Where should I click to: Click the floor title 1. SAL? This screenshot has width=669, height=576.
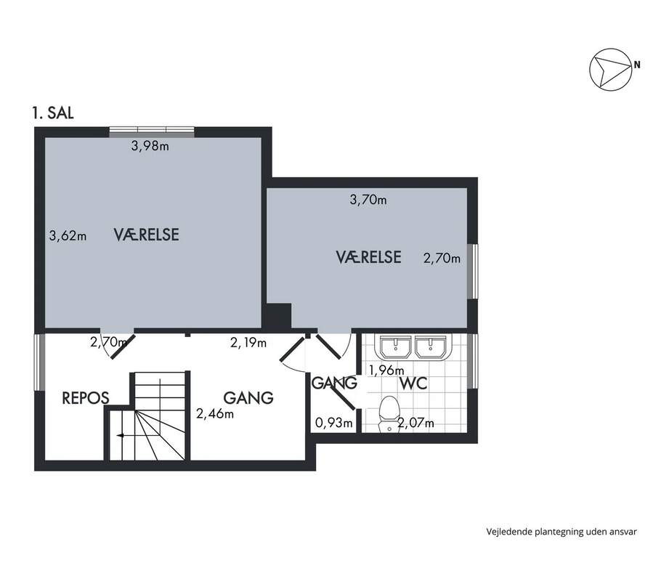(53, 113)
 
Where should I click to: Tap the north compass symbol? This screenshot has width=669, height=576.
(611, 69)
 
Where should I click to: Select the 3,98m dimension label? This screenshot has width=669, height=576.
(150, 146)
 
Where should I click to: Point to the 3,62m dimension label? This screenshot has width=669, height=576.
(68, 235)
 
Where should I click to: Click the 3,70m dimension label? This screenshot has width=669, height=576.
(368, 200)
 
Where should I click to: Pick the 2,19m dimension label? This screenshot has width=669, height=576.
(248, 343)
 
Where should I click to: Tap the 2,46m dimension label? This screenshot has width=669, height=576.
(215, 413)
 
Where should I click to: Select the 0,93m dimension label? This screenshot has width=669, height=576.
(333, 423)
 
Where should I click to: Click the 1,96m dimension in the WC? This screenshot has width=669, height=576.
(386, 370)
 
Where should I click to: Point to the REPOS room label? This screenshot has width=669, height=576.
(85, 398)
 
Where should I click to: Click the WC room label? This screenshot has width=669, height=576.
(413, 384)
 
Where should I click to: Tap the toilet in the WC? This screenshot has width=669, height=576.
(389, 414)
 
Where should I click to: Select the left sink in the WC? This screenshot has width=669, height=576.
(395, 346)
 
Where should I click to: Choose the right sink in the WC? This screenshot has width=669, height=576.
(431, 346)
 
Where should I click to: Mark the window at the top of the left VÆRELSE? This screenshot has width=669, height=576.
(152, 132)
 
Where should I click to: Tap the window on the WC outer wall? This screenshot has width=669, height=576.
(473, 361)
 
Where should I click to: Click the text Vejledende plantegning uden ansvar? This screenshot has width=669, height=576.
(561, 532)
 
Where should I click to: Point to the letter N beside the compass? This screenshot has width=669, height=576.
(637, 65)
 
